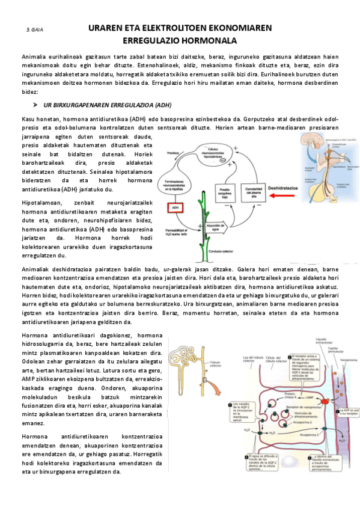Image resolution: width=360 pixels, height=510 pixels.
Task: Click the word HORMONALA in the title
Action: pyautogui.click(x=209, y=41)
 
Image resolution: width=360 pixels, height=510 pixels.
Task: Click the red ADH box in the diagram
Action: pyautogui.click(x=175, y=207)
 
